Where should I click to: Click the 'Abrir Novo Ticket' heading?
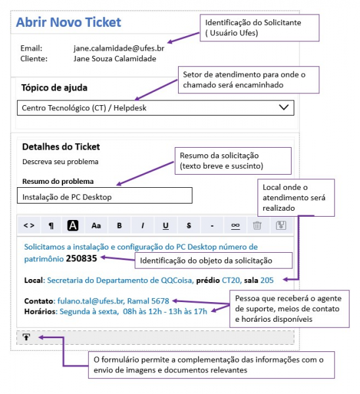pos(68,22)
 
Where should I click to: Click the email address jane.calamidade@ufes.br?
pos(119,48)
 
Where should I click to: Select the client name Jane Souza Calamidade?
pos(115,59)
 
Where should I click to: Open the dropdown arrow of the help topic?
pos(284,107)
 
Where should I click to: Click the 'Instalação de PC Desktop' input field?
pos(104,195)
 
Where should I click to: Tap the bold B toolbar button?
pos(119,226)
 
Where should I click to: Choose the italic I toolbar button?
pos(143,226)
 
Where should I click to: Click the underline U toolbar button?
pos(166,226)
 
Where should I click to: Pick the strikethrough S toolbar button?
pos(189,226)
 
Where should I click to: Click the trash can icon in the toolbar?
pos(257,225)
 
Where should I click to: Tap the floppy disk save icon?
pos(281,225)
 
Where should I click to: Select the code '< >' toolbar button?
pos(29,226)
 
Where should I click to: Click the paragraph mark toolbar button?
pos(51,226)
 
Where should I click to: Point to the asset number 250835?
pos(81,258)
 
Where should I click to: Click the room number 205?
pos(267,280)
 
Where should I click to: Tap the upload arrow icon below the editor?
pos(26,337)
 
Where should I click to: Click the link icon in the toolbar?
pos(235,226)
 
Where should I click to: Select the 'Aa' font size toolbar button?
pos(96,226)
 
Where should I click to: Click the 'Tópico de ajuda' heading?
pos(55,88)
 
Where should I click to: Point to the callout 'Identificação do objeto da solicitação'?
pos(214,261)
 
